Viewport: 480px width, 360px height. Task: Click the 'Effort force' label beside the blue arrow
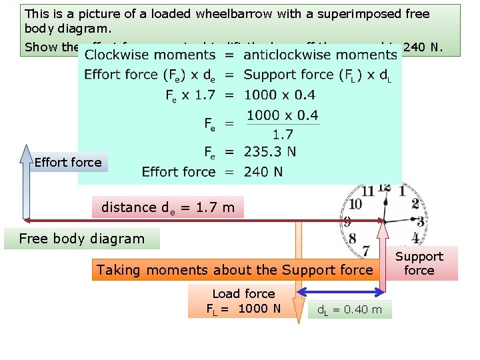coord(68,162)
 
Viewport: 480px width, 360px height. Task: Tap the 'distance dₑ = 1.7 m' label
coord(168,207)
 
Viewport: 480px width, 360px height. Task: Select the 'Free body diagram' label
coord(81,239)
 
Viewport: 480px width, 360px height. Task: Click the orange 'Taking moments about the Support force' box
coord(235,270)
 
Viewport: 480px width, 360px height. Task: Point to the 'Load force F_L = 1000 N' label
coord(243,301)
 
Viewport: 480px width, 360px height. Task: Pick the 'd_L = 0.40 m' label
coord(349,309)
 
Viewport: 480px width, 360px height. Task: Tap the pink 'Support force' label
coord(419,263)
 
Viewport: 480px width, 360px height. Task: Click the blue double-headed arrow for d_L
coord(340,291)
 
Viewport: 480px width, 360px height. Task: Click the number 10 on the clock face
coord(355,203)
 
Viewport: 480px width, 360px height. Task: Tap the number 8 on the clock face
coord(352,238)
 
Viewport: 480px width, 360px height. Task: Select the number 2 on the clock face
coord(415,204)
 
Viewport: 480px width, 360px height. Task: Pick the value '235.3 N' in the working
coord(270,152)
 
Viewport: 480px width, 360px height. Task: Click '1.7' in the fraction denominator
coord(283,135)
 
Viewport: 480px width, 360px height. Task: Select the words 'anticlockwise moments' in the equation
coord(320,55)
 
